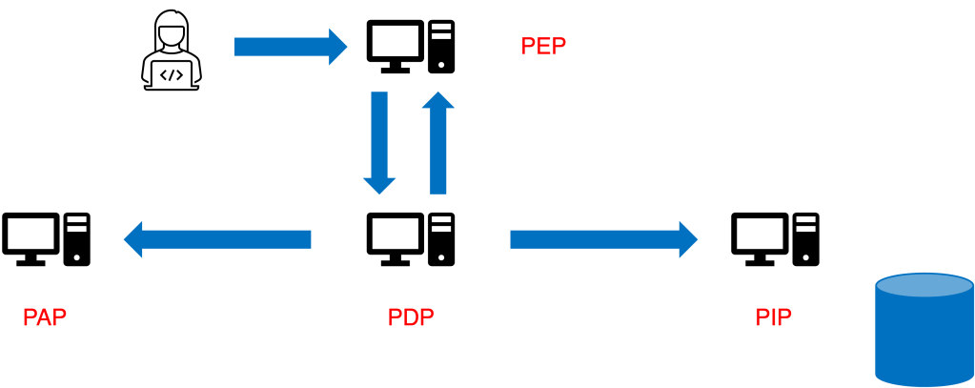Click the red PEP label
(x=543, y=46)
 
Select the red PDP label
(x=411, y=317)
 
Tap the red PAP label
(x=45, y=317)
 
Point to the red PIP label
(x=774, y=317)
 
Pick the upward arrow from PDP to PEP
(x=438, y=141)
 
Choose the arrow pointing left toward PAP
(x=218, y=238)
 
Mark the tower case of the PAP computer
(x=77, y=239)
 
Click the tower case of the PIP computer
(x=806, y=239)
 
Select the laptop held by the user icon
(x=172, y=74)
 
